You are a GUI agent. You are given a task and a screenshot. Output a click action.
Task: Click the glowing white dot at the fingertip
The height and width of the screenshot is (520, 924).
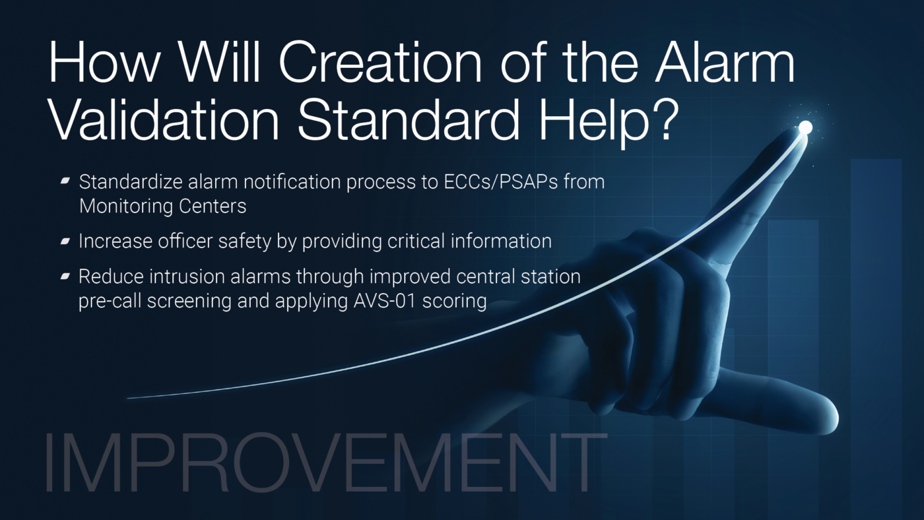click(x=805, y=127)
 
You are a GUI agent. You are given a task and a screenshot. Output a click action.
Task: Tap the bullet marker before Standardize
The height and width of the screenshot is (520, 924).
click(x=65, y=181)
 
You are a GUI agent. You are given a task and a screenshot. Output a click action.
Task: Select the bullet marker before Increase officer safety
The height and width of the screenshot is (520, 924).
click(x=65, y=241)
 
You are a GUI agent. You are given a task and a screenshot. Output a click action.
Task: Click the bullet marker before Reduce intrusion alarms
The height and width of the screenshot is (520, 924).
click(x=65, y=276)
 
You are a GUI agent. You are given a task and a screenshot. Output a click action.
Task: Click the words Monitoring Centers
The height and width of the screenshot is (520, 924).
click(x=162, y=206)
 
